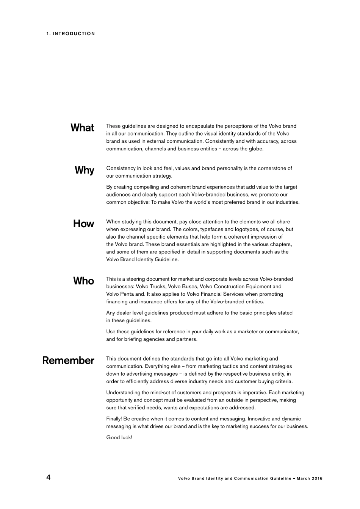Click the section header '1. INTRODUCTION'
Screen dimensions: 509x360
[x=71, y=34]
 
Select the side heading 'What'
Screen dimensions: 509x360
[x=82, y=128]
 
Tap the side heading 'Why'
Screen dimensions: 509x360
[x=85, y=170]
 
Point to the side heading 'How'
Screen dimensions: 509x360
[x=83, y=223]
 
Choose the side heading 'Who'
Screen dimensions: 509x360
[x=83, y=281]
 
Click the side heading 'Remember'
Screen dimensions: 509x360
[x=68, y=360]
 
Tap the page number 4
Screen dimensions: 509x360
[x=48, y=477]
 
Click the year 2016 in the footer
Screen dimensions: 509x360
[x=317, y=478]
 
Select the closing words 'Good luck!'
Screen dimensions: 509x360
[x=119, y=437]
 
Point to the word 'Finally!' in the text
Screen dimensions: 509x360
[x=114, y=419]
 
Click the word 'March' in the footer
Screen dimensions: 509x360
[x=304, y=478]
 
